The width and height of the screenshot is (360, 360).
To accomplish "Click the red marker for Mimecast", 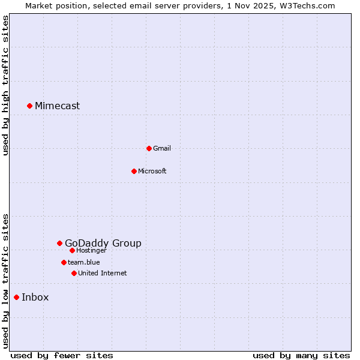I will (x=29, y=106).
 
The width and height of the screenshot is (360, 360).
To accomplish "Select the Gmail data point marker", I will (x=149, y=148).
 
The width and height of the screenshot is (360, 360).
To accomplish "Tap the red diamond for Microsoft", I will (x=134, y=171).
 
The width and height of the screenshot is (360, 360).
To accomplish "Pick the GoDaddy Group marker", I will (x=59, y=243).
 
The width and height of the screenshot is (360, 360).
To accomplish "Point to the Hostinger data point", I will (x=72, y=250).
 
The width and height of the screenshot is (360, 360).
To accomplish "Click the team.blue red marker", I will (x=64, y=262).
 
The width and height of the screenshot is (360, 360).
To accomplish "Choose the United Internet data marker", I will (x=74, y=273).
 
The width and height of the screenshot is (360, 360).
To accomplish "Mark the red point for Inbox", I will (x=16, y=297).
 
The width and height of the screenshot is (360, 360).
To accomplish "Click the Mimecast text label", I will (x=57, y=106).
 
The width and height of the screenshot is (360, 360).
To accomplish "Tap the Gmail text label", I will (x=162, y=148).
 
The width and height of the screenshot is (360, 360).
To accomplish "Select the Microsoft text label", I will (x=152, y=171).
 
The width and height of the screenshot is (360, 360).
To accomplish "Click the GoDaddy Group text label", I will (x=103, y=243).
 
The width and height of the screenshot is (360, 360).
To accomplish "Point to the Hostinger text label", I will (x=91, y=250).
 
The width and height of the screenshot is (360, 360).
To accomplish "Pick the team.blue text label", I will (x=84, y=262).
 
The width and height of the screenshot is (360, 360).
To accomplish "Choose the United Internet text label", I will (x=103, y=273).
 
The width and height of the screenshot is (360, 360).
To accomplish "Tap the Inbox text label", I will (x=35, y=298).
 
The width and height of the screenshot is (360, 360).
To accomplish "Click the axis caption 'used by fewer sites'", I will (x=62, y=355).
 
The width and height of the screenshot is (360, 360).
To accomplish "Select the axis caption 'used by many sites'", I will (x=301, y=355).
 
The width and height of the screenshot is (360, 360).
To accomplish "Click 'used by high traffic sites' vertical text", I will (x=5, y=85).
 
